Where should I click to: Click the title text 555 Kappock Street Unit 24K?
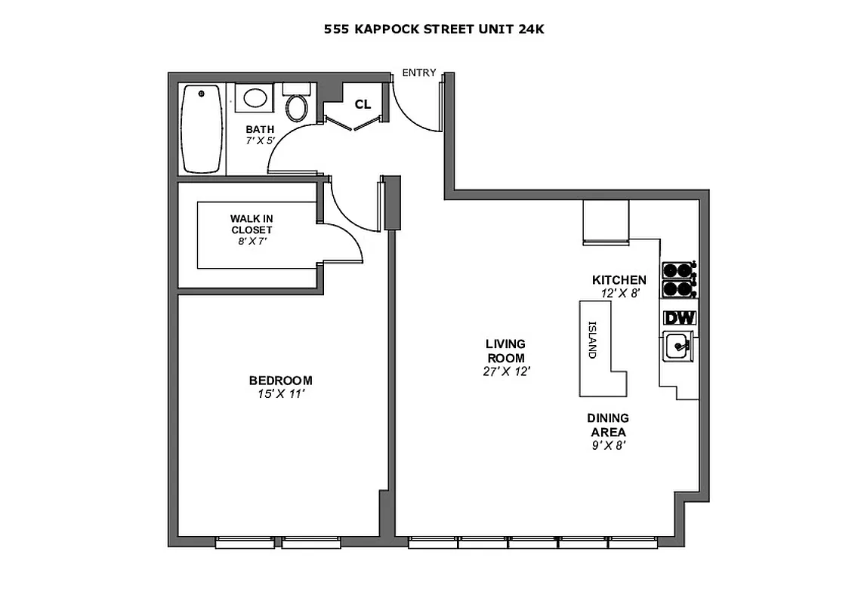pos(434,29)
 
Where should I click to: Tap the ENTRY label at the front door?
pos(418,72)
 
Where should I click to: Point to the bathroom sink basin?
pos(255,98)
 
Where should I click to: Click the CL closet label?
pos(363,104)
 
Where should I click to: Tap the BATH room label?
pos(259,129)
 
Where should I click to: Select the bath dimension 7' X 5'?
pos(259,140)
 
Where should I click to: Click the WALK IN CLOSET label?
pos(252,224)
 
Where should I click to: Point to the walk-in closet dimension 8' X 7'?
pos(252,242)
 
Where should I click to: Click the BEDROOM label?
pos(280,381)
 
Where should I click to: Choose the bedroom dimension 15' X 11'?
pos(280,393)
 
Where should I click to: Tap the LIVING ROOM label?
pos(505,351)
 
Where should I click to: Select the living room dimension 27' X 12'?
pos(505,371)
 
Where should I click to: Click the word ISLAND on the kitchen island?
pos(593,340)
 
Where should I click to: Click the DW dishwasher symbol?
pos(679,318)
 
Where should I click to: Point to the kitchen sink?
pos(678,347)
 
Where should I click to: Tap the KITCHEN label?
pos(619,280)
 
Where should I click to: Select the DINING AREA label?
pos(608,425)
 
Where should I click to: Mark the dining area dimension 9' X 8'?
pos(608,445)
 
